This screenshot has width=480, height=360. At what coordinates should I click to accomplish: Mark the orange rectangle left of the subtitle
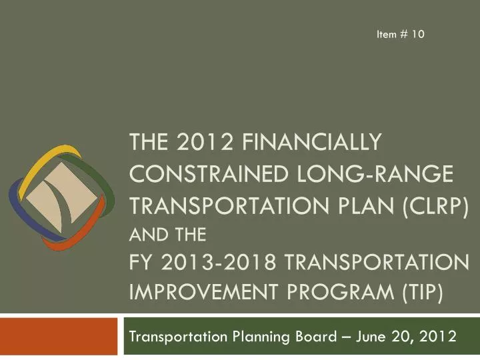point(60,337)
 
